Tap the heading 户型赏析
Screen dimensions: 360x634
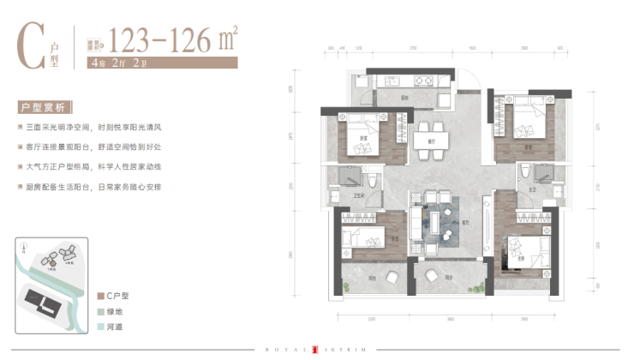45,109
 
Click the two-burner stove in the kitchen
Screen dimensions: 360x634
422,83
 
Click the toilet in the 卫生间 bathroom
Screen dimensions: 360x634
374,181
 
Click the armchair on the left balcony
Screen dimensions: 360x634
392,276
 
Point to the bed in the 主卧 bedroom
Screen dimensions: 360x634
526,250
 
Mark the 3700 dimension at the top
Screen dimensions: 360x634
412,49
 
